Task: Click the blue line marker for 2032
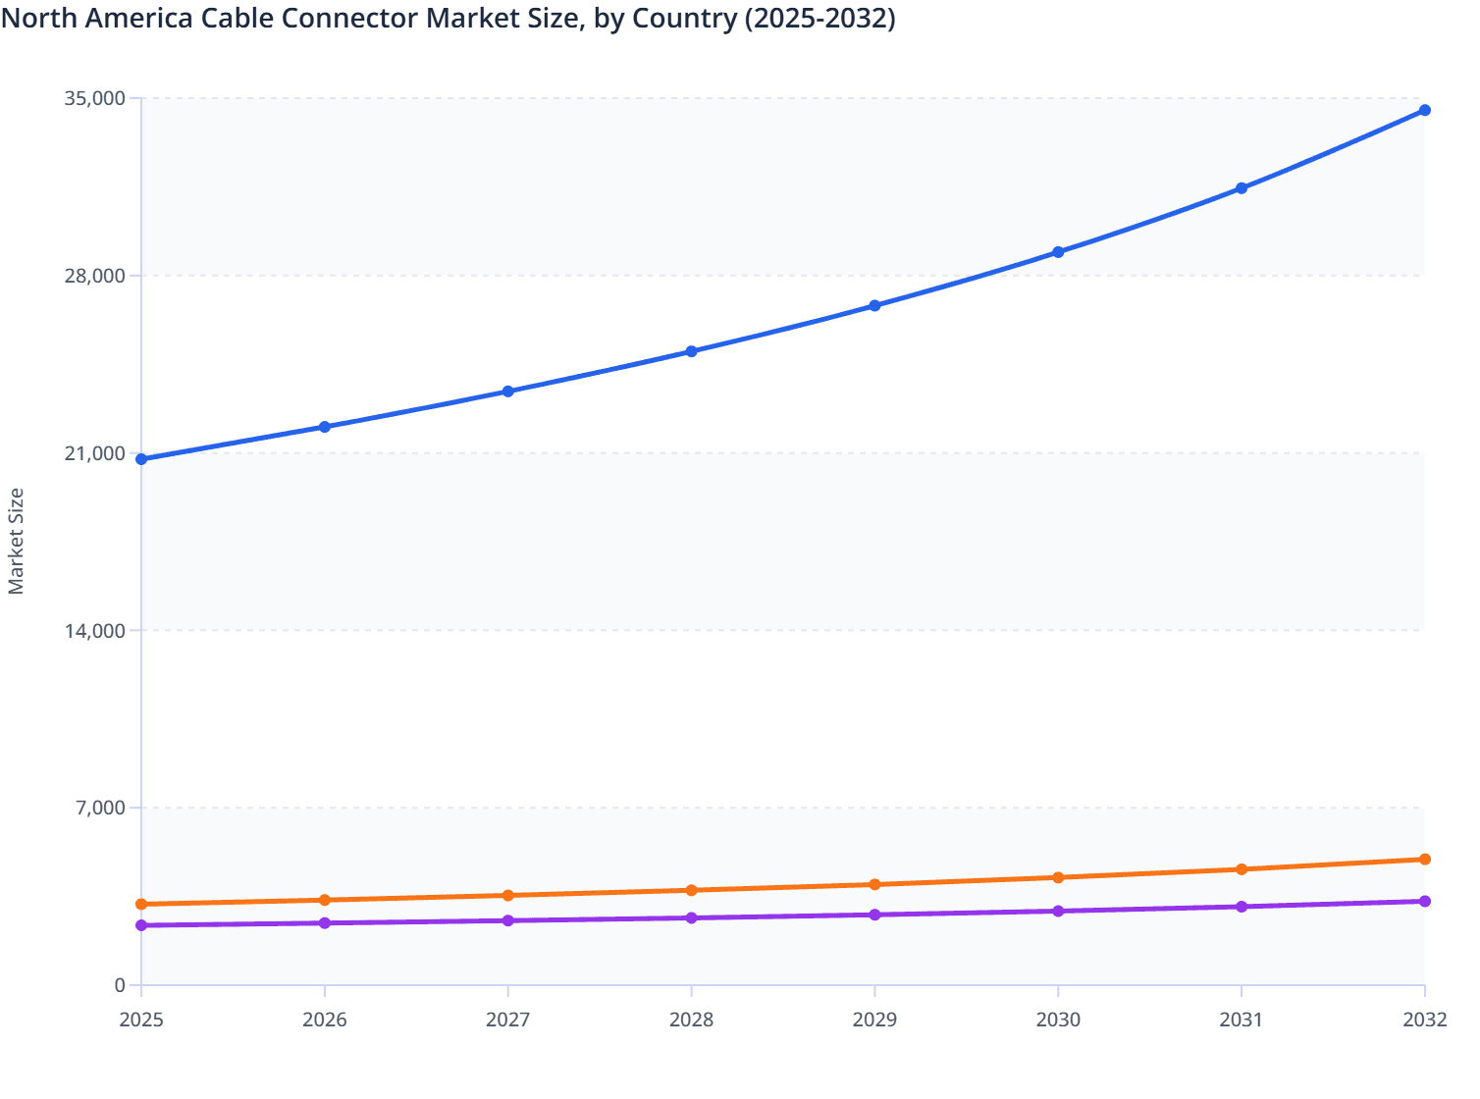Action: click(1425, 110)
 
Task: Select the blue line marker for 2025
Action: click(141, 459)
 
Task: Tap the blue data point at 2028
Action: click(691, 351)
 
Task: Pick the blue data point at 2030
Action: click(1058, 252)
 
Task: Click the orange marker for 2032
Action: click(1425, 860)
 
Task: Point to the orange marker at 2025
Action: click(141, 904)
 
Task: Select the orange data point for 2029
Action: click(874, 885)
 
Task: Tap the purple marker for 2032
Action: click(1425, 901)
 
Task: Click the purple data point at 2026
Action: click(325, 923)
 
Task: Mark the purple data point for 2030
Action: click(1058, 912)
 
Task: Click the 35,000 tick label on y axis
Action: click(95, 98)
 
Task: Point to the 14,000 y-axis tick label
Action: click(95, 631)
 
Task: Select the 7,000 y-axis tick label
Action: click(101, 809)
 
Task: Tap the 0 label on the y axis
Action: click(120, 986)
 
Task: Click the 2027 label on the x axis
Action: click(507, 1020)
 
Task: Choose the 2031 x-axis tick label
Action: click(1242, 1020)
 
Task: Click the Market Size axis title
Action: click(16, 541)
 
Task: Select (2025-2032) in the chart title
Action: click(819, 18)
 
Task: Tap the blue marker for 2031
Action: click(1242, 188)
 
